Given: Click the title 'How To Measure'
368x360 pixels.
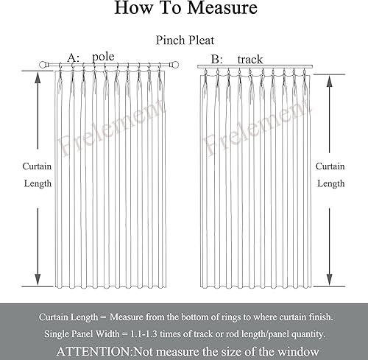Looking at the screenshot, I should click(x=185, y=10).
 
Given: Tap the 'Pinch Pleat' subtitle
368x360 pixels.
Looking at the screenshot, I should click(x=184, y=42).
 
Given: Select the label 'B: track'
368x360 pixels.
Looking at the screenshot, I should click(x=236, y=58).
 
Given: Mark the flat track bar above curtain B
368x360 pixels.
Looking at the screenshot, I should click(x=255, y=67).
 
